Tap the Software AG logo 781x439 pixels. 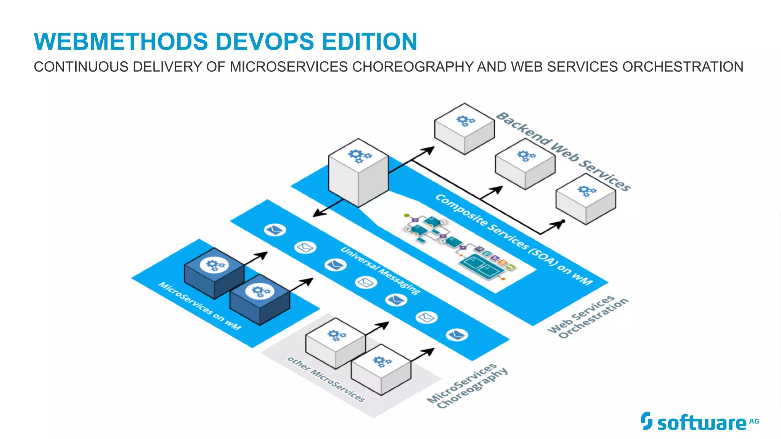coord(700,422)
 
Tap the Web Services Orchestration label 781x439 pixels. coord(587,316)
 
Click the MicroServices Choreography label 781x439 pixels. coord(467,386)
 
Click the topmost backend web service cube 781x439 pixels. coord(464,128)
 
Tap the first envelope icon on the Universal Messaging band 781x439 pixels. coord(275,230)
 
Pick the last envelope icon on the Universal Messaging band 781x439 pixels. coord(457,335)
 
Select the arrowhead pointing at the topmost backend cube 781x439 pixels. coord(429,150)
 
